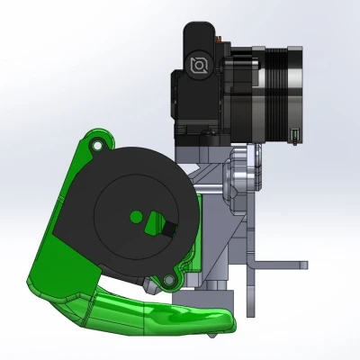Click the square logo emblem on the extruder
[x=199, y=64]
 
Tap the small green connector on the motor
[x=295, y=137]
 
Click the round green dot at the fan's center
[x=134, y=216]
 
